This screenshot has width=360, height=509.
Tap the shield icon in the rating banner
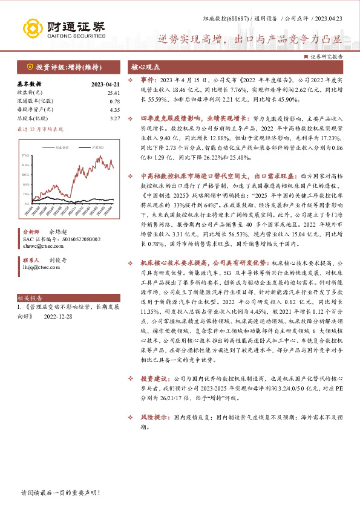pos(30,66)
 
